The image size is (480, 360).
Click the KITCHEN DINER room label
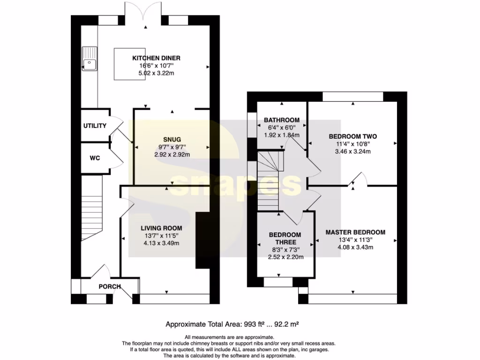click(156, 58)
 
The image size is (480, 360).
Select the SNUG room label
click(169, 139)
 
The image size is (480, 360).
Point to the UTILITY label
click(95, 126)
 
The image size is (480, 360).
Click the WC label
click(95, 158)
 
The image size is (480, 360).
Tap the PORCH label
click(109, 286)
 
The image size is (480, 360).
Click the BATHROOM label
click(281, 120)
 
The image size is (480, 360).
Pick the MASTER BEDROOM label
click(355, 232)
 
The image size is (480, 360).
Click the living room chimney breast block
click(202, 240)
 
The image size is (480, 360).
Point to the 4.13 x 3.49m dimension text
click(160, 243)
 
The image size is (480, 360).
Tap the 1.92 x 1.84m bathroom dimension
click(281, 135)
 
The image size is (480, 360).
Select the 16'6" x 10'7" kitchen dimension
click(156, 66)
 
